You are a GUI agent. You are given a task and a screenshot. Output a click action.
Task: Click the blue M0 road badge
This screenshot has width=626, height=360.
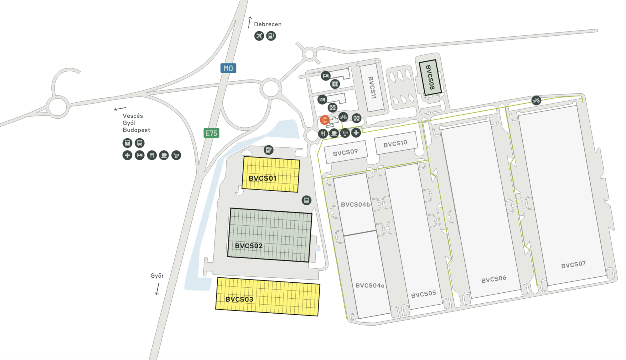pos(228,68)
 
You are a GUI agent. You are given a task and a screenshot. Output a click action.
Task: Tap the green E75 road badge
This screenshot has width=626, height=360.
pos(211,133)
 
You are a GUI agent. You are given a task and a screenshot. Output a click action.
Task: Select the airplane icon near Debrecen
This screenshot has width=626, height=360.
pos(259,36)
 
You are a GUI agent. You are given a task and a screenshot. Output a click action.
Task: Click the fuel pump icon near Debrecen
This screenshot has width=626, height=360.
pos(271,36)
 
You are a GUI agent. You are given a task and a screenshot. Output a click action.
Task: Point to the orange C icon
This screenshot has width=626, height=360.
pos(325,120)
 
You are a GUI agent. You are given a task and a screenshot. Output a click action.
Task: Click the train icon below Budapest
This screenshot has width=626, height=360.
pos(127,143)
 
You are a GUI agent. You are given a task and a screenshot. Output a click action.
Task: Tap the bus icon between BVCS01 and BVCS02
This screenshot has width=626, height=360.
pos(306,200)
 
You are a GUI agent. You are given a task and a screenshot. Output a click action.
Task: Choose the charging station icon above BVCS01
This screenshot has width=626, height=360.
pos(268,150)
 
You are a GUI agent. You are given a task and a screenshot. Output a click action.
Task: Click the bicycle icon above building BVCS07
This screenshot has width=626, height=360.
pos(536,100)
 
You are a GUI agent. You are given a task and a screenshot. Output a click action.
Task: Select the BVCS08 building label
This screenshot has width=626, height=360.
pos(430,77)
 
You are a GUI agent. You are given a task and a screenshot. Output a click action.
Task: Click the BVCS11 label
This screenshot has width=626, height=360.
pos(372,88)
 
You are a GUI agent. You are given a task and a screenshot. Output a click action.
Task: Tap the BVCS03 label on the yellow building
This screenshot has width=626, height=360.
pos(239,299)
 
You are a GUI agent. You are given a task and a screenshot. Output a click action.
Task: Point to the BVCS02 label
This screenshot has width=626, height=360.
pos(249,246)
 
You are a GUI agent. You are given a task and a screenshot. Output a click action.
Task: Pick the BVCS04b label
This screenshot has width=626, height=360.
pos(355,205)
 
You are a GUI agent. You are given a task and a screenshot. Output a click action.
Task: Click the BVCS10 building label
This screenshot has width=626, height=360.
pos(395,144)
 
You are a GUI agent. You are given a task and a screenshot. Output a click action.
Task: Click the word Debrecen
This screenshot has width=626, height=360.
pos(267,24)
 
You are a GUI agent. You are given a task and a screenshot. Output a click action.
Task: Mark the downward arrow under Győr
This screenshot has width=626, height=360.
pos(157,289)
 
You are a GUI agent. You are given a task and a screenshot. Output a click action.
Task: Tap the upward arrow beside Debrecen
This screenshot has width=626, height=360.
pos(250,22)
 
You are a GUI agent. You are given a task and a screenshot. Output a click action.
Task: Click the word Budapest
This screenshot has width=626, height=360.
pos(136,130)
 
